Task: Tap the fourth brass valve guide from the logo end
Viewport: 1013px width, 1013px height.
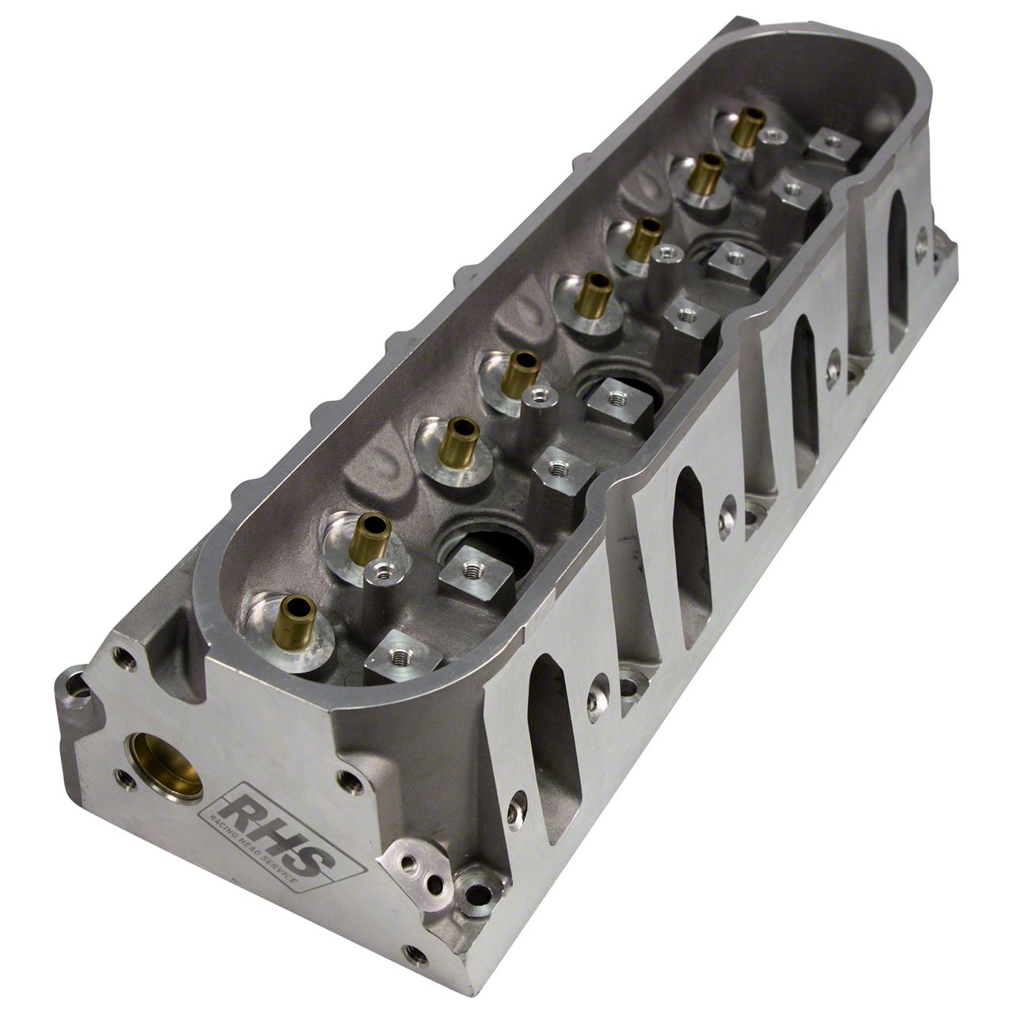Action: (x=520, y=371)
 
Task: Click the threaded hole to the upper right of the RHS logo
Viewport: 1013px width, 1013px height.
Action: (x=347, y=780)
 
